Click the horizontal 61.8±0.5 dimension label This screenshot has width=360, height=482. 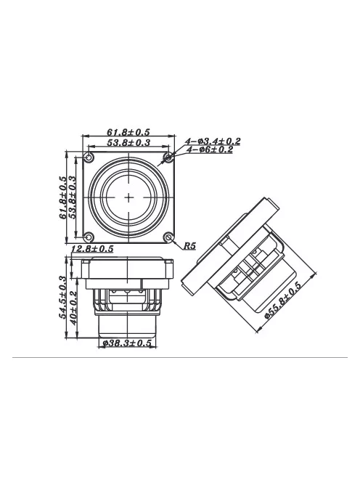[x=128, y=132]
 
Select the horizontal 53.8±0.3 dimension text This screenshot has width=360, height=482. [x=128, y=142]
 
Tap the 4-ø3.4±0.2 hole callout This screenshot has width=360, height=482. [x=213, y=141]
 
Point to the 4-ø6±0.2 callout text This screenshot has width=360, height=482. [x=210, y=150]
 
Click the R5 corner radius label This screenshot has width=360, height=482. [x=189, y=245]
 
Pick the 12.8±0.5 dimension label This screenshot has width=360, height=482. [x=92, y=248]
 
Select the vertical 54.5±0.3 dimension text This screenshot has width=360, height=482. [x=62, y=297]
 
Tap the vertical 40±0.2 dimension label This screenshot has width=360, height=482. [x=73, y=308]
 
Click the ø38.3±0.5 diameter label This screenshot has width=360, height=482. [x=127, y=343]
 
